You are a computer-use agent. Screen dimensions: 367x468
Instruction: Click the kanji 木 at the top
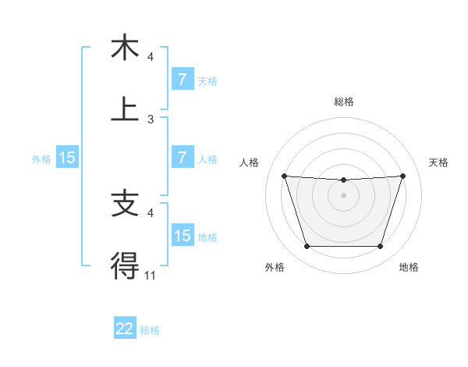(x=125, y=48)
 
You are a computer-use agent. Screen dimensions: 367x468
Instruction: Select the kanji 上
(x=125, y=110)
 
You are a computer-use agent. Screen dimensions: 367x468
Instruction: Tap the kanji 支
(x=125, y=205)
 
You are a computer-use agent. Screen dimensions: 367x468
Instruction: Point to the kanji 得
(x=125, y=266)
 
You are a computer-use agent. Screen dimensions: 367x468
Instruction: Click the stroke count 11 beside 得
(x=150, y=275)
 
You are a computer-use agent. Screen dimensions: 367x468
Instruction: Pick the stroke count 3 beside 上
(x=150, y=119)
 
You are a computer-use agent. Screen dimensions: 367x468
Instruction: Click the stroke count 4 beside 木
(x=150, y=57)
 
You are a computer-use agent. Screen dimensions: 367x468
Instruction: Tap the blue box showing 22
(x=125, y=329)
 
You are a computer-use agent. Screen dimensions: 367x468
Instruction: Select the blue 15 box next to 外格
(x=67, y=158)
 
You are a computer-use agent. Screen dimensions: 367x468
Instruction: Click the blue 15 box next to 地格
(x=182, y=235)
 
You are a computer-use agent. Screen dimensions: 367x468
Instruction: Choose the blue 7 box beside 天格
(x=182, y=79)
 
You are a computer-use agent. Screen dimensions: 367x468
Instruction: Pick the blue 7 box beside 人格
(x=182, y=158)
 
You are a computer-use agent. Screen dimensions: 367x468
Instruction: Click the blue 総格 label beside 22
(x=151, y=330)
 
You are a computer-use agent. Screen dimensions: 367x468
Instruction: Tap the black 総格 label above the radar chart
(x=344, y=102)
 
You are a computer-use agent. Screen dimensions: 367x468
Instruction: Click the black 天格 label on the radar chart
(x=439, y=162)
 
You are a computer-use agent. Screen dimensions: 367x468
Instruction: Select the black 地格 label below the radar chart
(x=409, y=268)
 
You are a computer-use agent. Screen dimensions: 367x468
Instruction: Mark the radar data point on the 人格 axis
(x=284, y=176)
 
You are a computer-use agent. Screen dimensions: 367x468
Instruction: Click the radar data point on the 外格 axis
(x=307, y=247)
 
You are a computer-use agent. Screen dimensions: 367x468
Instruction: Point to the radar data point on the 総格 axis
(x=344, y=180)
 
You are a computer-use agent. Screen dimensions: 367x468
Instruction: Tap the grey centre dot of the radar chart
(x=344, y=195)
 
